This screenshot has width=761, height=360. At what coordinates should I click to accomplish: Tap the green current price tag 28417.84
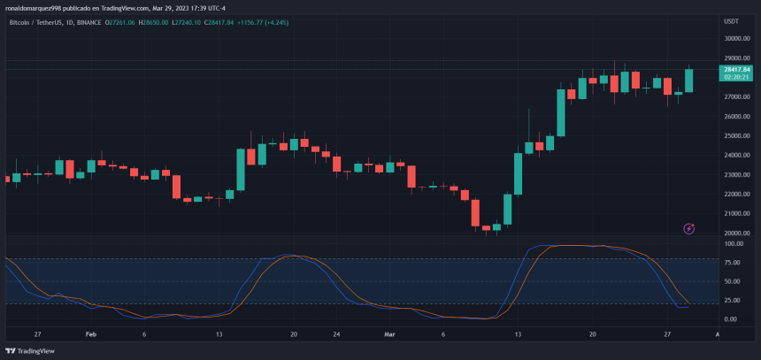736,69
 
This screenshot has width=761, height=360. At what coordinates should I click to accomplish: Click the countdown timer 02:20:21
736,77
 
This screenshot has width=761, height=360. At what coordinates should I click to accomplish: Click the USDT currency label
731,21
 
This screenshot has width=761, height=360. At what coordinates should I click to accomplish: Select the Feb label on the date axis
90,335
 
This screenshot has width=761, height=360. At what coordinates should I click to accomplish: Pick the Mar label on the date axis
389,335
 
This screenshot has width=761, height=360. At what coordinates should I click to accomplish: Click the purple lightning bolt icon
689,229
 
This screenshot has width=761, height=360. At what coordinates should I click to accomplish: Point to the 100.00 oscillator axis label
734,244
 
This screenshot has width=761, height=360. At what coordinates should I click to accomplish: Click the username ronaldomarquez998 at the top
35,6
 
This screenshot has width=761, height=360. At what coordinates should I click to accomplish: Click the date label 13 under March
519,335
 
